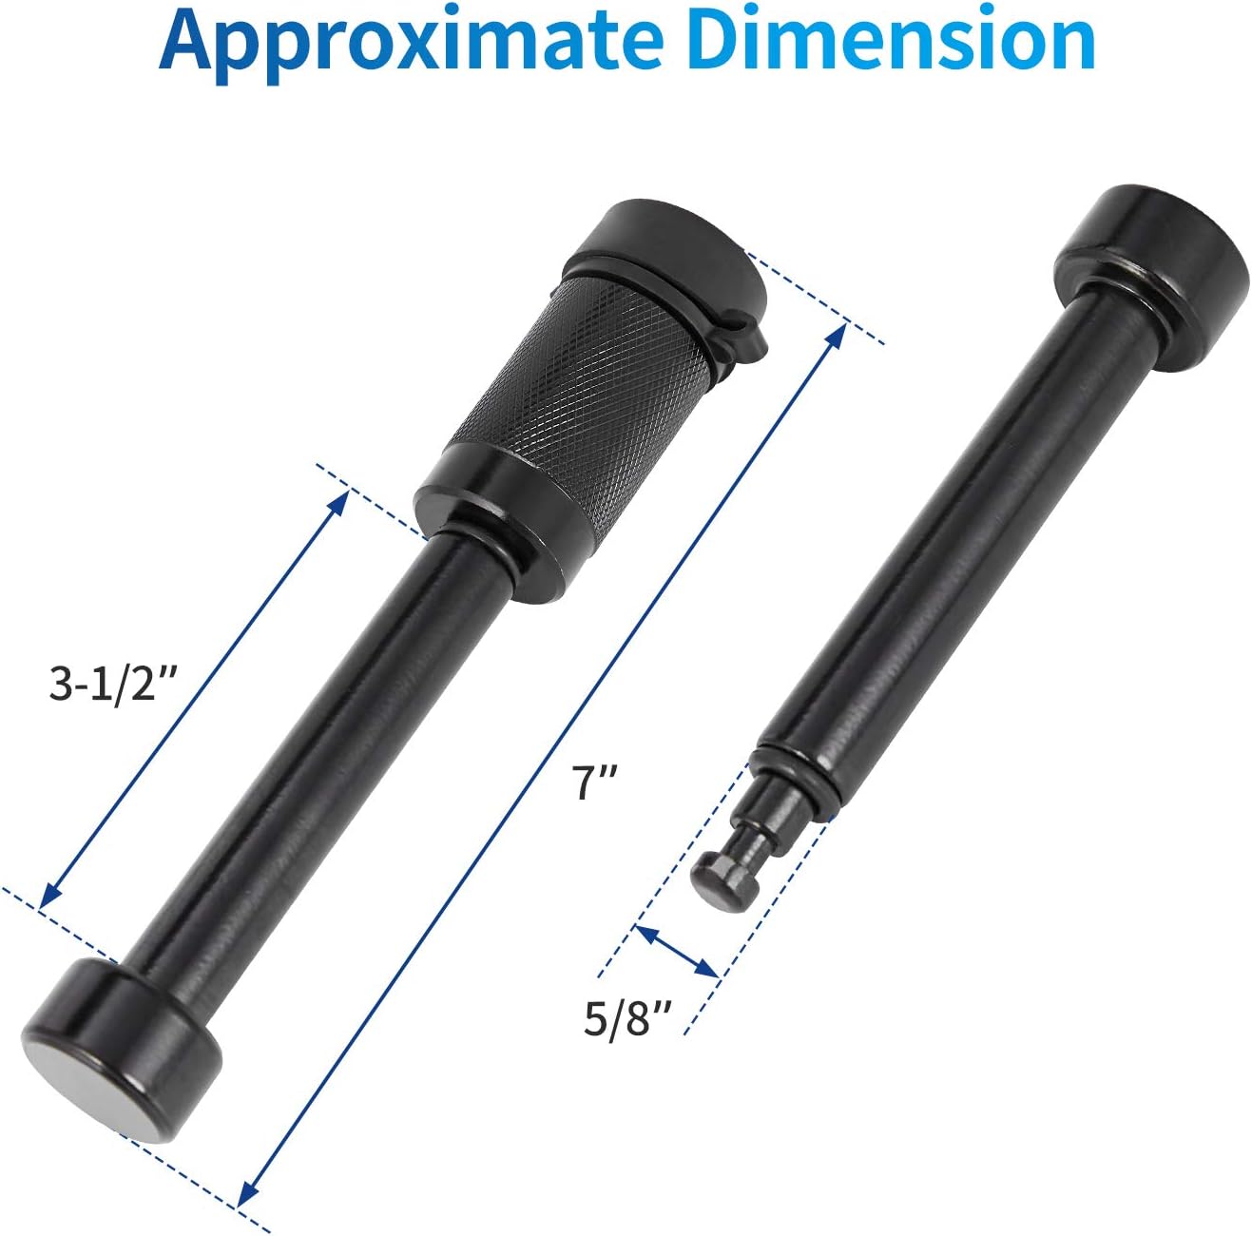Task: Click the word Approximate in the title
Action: (x=411, y=40)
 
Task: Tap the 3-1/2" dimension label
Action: (x=113, y=683)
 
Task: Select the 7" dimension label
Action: (x=597, y=782)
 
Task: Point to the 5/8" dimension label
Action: (x=627, y=1020)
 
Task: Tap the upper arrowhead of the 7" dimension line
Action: (x=838, y=332)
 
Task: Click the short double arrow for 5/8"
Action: (x=676, y=951)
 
